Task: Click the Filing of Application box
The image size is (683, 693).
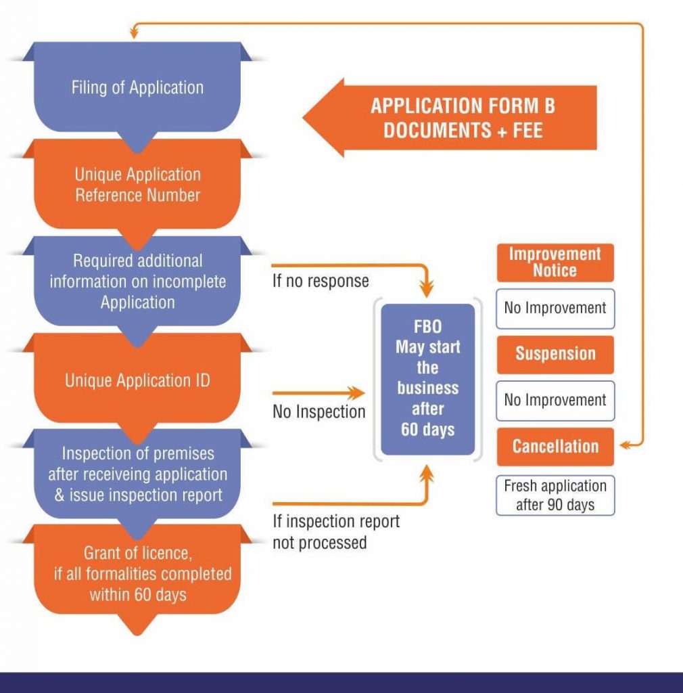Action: (137, 87)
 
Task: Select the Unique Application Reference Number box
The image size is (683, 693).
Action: (137, 185)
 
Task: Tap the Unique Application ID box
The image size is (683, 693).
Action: (137, 380)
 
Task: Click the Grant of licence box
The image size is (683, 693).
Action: (137, 574)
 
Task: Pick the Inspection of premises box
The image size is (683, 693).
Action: (137, 474)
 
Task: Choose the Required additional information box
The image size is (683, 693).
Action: (137, 282)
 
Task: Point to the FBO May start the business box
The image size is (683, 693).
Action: (427, 378)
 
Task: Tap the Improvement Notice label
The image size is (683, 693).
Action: (555, 263)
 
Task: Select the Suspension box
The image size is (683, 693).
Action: (555, 354)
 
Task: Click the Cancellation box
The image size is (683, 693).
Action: (555, 447)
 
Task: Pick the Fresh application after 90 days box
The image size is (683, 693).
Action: (555, 495)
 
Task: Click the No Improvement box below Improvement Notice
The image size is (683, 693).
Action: (555, 309)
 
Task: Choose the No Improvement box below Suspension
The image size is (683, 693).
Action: (555, 400)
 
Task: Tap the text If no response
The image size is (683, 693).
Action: (321, 281)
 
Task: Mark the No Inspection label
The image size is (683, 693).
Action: (319, 411)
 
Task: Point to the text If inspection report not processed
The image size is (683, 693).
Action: (335, 532)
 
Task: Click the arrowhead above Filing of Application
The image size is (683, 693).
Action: (135, 29)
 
